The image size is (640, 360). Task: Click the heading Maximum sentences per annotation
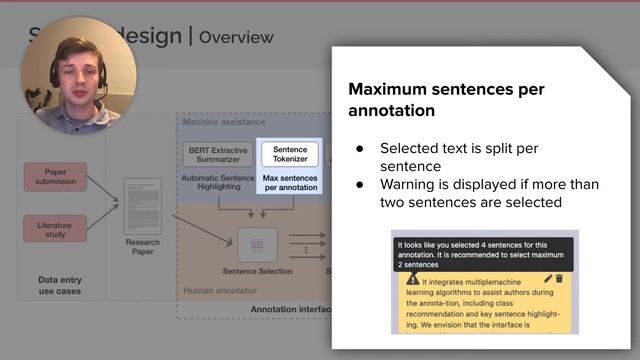coord(445,99)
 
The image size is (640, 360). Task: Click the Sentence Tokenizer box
coord(289,154)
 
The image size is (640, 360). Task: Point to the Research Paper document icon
coord(142,206)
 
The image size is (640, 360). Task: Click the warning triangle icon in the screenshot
coord(413,279)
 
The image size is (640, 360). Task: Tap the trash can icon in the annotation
coord(559,279)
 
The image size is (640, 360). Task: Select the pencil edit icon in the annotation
coord(545,279)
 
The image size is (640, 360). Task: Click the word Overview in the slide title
coord(236,38)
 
